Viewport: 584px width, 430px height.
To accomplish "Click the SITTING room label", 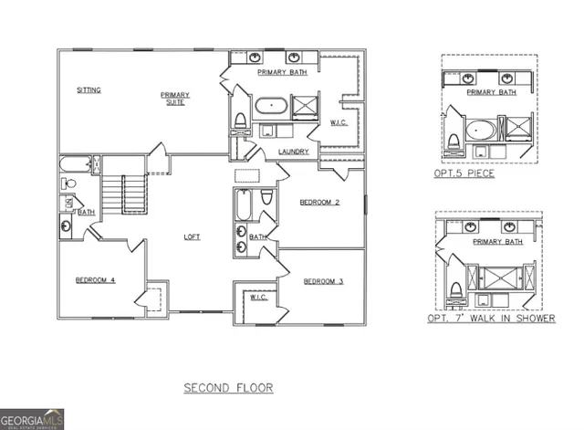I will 89,90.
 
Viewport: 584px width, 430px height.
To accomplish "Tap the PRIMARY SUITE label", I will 173,99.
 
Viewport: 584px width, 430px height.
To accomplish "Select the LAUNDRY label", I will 293,152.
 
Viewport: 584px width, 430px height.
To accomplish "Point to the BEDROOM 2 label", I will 320,203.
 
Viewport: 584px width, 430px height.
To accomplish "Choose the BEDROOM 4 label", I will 94,279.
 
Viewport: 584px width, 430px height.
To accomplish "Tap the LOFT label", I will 192,236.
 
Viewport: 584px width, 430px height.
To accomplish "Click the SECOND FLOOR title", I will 228,388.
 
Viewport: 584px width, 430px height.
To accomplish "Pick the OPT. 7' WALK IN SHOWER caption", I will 491,320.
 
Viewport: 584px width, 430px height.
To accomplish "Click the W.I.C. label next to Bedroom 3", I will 257,298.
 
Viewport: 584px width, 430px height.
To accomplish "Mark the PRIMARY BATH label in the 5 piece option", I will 491,92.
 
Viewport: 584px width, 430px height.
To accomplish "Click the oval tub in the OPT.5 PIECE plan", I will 481,129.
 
